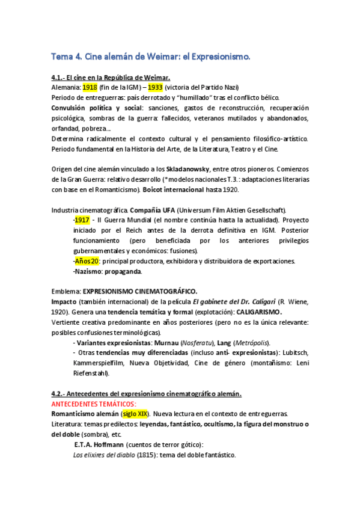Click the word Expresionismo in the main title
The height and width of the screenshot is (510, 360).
[215, 57]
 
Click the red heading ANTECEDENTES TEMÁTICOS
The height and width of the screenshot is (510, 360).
[94, 404]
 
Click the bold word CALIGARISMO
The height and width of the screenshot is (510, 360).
[252, 312]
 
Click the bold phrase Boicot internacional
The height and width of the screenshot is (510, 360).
[177, 189]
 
